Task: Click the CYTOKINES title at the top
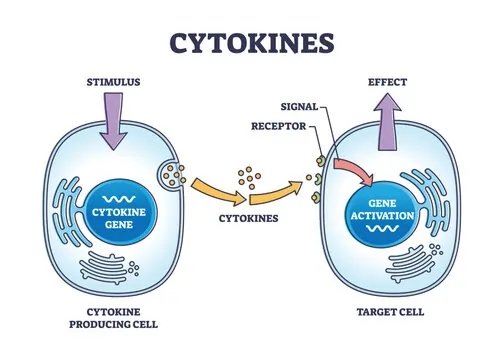coord(251,41)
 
